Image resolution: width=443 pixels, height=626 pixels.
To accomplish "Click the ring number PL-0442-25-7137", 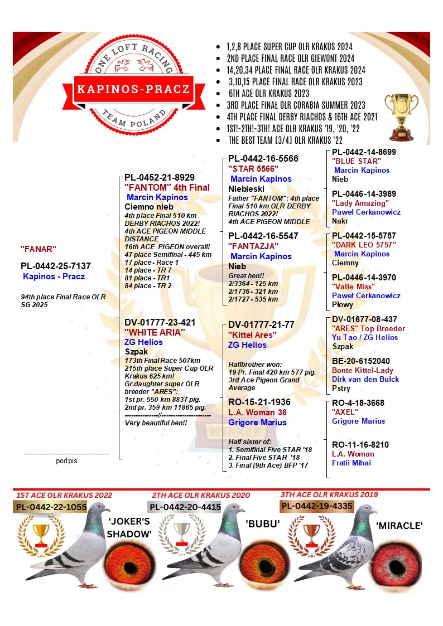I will [55, 266].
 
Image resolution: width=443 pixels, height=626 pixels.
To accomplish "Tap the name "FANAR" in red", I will [38, 249].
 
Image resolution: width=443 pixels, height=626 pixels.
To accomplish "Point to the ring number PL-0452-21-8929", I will [160, 178].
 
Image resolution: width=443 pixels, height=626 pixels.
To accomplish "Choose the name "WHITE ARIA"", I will [155, 332].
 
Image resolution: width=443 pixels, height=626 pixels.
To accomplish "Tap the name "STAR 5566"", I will [252, 169].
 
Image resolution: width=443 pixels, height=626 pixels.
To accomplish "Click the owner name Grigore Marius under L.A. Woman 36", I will [257, 423].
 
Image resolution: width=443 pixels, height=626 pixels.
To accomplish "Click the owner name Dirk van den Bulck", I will [365, 380].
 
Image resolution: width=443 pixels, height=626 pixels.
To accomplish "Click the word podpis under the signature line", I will [66, 461].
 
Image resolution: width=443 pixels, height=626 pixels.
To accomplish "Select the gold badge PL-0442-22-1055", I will [51, 507].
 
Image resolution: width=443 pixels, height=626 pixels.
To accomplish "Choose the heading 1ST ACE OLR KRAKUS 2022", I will [64, 495].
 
